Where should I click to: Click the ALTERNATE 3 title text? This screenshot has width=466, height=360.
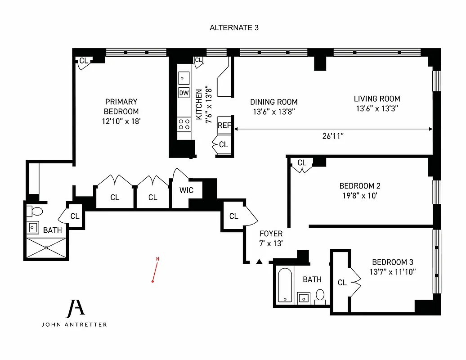[x=234, y=27]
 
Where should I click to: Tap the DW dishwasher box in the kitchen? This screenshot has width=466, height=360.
[x=184, y=93]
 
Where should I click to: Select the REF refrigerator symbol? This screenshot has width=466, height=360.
[x=224, y=126]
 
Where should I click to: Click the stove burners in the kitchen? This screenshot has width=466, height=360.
[x=184, y=124]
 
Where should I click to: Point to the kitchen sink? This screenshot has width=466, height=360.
[x=184, y=77]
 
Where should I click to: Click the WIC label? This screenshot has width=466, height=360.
[x=186, y=190]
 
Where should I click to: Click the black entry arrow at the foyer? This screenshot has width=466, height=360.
[x=259, y=261]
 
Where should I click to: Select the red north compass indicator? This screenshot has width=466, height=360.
[x=155, y=270]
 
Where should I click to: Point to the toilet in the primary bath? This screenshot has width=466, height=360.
[x=36, y=211]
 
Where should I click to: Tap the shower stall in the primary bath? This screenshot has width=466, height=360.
[x=46, y=248]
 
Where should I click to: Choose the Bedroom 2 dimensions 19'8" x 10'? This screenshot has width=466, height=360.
[x=357, y=196]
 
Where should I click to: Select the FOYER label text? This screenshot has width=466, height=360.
[x=271, y=234]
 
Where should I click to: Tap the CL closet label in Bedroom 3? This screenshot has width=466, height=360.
[x=342, y=283]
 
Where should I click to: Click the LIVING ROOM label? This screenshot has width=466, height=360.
[x=377, y=99]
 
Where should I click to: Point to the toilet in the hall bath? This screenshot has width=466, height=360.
[x=320, y=296]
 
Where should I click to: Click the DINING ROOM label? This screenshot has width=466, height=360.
[x=274, y=102]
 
